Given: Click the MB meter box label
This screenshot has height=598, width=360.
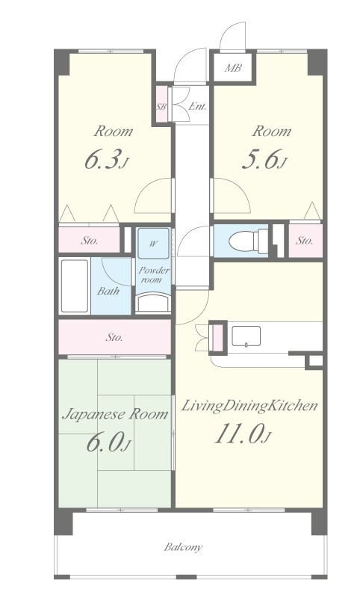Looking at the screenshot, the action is tap(233, 68).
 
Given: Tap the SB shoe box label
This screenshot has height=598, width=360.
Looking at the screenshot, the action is tap(161, 107).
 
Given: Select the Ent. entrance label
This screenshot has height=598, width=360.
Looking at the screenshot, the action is tap(197, 106).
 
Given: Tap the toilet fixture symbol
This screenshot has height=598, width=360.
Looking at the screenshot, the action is tap(249, 241).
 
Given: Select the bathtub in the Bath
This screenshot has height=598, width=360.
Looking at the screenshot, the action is tap(75, 286).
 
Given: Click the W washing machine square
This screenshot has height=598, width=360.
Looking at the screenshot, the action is tap(153, 244).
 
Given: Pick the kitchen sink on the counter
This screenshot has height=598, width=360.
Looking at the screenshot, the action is tap(246, 336).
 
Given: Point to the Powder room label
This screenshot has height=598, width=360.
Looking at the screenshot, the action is tap(154, 275).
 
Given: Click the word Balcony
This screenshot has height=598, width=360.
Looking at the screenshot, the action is tap(183, 548).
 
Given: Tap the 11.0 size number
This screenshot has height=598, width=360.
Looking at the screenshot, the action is tap(239, 434).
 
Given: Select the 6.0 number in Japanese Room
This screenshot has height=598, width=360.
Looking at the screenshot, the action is tap(104, 443).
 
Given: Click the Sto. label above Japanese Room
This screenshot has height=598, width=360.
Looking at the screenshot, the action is tap(114, 337).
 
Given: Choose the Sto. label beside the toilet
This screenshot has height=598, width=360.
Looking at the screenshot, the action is tap(305, 241).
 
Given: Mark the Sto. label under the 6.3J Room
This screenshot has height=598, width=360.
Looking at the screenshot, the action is tap(89, 241).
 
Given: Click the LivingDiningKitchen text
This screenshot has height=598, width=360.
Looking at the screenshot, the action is tap(249, 406).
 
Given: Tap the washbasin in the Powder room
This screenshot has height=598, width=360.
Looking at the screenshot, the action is tap(154, 303).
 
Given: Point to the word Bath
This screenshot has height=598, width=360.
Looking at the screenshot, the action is tap(108, 291).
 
